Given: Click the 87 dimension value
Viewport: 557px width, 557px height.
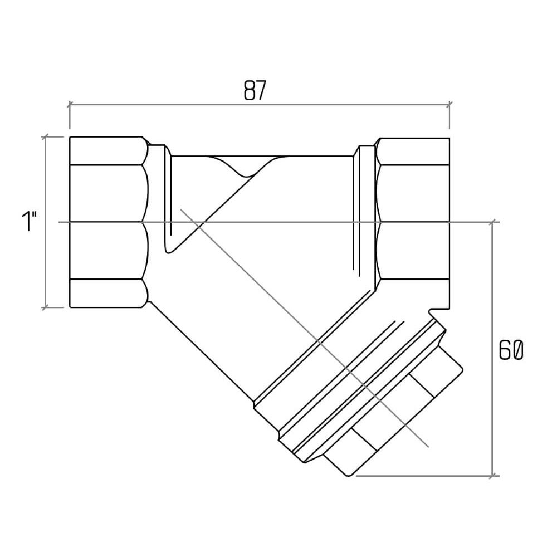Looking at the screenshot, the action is click(x=255, y=91).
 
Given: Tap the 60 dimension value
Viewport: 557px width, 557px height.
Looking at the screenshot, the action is click(x=511, y=350).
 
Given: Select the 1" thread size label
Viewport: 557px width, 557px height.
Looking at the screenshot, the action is click(x=30, y=221).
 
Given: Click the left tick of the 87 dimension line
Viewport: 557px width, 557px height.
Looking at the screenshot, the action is click(x=70, y=105).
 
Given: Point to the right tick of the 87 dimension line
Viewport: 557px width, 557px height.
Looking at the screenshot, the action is click(x=449, y=105).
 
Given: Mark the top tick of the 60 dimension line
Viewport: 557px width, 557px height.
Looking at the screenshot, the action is click(x=492, y=222).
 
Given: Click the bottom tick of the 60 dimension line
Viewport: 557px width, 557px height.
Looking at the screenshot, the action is click(x=492, y=476).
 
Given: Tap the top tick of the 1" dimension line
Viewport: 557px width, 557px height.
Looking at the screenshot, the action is click(x=45, y=137).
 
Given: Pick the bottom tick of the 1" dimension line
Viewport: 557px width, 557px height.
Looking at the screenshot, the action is click(x=45, y=307).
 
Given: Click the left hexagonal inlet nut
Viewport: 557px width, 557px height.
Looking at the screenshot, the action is click(x=109, y=222).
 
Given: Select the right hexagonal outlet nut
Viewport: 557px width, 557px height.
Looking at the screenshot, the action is click(x=413, y=222).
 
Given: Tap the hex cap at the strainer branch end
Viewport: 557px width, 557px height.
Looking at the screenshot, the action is click(x=394, y=416).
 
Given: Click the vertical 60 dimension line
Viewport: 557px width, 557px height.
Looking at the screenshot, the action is click(x=492, y=349).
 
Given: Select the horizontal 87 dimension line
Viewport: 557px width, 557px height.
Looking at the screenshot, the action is click(x=260, y=105).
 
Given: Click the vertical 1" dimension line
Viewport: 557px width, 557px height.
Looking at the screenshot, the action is click(x=45, y=222).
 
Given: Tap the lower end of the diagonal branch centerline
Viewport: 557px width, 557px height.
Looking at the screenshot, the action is click(x=428, y=447).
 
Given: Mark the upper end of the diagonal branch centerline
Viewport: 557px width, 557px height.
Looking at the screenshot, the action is click(x=181, y=209).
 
